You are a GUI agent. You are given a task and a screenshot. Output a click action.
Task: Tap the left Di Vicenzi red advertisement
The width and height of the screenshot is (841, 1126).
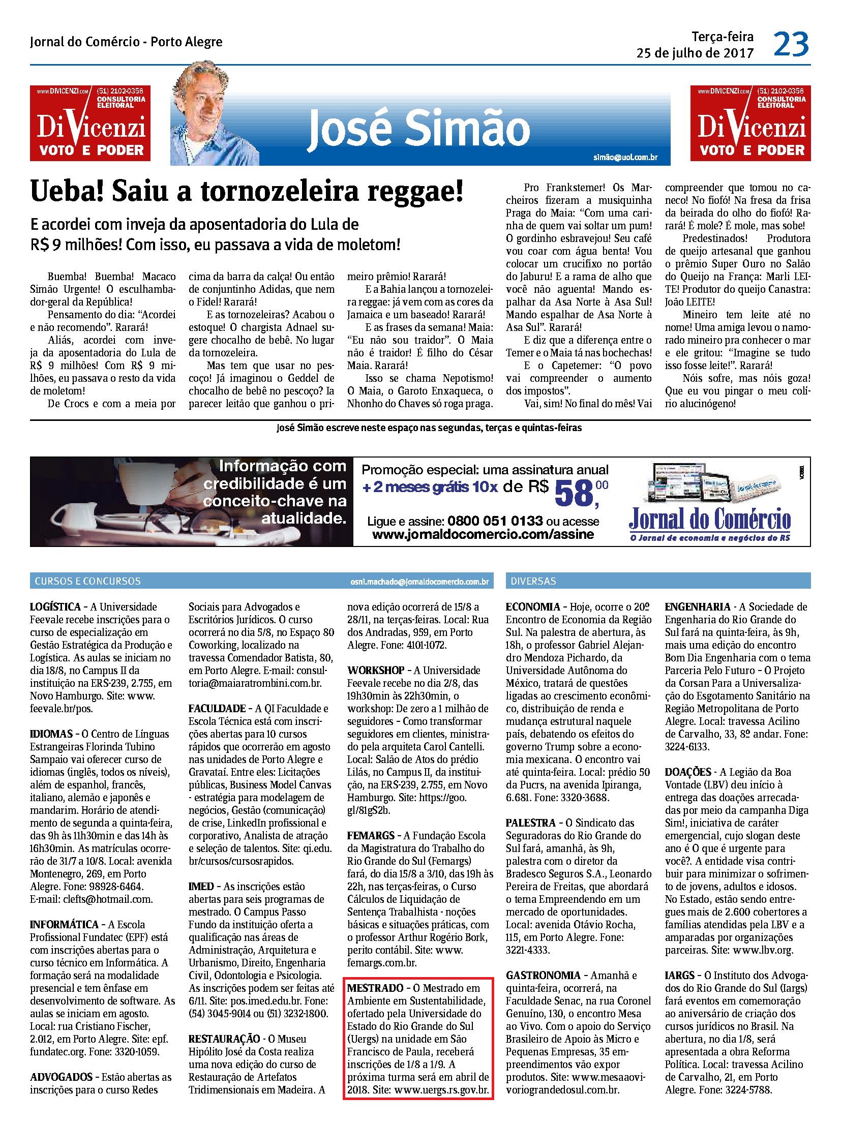[90, 123]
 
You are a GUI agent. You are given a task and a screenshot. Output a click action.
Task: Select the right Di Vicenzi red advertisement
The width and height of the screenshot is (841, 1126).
[750, 123]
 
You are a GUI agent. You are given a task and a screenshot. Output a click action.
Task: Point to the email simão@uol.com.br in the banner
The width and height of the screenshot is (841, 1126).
[625, 157]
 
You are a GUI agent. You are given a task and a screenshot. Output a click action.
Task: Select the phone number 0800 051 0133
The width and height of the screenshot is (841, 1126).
[495, 521]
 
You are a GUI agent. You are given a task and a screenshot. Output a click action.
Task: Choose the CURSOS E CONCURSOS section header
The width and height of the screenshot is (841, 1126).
[87, 581]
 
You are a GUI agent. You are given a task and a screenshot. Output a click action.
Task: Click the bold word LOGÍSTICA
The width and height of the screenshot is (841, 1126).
[55, 607]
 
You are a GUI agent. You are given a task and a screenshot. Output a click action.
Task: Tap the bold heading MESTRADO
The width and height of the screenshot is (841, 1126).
[375, 988]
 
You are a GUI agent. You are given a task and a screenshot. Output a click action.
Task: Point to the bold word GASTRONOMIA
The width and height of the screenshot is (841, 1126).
[543, 976]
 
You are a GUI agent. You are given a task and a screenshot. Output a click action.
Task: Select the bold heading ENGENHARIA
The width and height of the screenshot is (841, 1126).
[698, 607]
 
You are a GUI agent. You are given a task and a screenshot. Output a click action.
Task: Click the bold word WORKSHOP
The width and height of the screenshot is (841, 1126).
[376, 671]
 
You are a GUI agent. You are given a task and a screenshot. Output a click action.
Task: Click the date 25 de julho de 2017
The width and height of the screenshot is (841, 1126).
[695, 53]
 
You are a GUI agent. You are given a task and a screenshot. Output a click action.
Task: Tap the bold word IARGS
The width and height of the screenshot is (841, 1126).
[679, 976]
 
